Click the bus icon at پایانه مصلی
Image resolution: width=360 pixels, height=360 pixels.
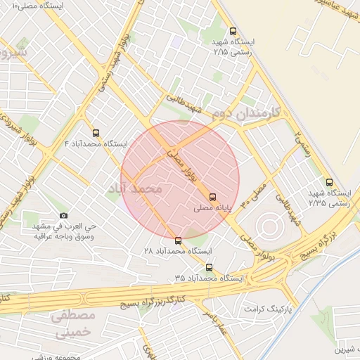click(x=212, y=197)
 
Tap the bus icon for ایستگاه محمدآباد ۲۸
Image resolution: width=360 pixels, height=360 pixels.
click(x=177, y=240)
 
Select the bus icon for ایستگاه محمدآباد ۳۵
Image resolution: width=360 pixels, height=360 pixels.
click(x=209, y=267)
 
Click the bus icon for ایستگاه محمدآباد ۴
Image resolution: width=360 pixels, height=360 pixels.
click(x=96, y=132)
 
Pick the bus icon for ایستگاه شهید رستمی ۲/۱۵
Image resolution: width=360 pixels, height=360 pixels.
click(x=233, y=31)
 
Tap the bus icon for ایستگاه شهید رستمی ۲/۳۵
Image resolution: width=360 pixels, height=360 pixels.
click(x=329, y=182)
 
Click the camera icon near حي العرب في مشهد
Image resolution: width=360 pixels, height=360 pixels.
click(x=64, y=215)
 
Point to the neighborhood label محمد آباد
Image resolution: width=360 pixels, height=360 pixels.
click(x=134, y=188)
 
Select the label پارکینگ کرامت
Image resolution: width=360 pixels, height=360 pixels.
click(x=267, y=309)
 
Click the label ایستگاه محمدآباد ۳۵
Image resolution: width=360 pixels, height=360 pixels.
click(x=209, y=278)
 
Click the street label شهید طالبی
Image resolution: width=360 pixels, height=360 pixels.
click(x=186, y=105)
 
